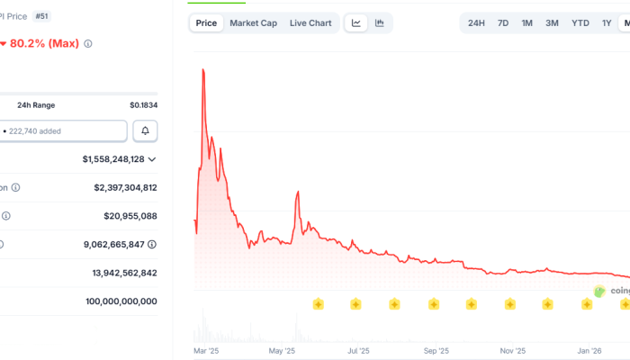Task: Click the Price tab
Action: (206, 23)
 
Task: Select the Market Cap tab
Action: (253, 23)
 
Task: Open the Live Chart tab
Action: (310, 23)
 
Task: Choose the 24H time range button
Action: (477, 23)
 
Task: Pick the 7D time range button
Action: (503, 23)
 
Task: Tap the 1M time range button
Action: (527, 23)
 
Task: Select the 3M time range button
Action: (552, 23)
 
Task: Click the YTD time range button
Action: (580, 23)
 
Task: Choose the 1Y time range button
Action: (607, 23)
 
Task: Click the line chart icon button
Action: (356, 23)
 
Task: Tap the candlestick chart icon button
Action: (380, 23)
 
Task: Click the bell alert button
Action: (145, 131)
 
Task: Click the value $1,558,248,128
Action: (112, 159)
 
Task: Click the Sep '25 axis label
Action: (436, 351)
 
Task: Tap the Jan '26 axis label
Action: (590, 351)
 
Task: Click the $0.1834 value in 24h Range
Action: (143, 105)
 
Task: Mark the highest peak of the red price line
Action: (203, 69)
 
